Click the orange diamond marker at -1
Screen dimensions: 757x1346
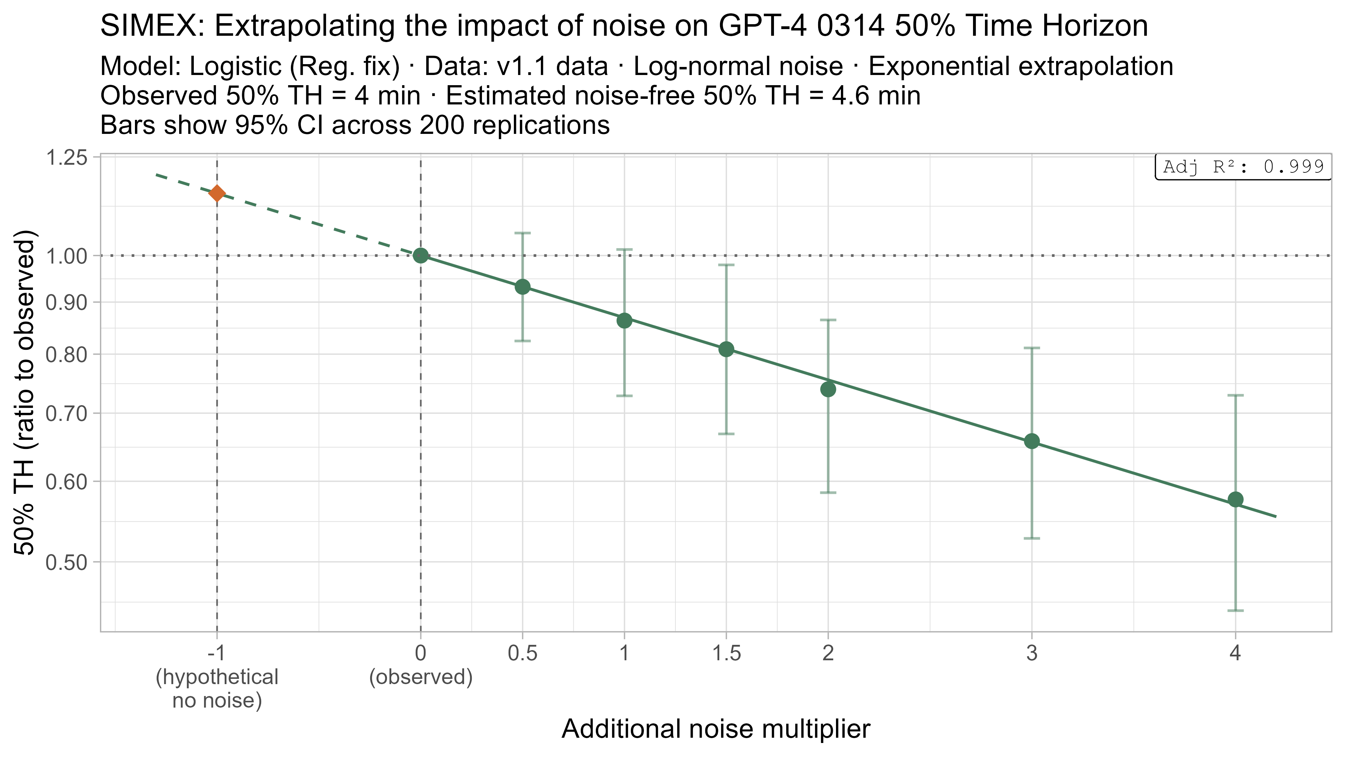pos(217,193)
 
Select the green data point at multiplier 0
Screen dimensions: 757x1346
pos(421,255)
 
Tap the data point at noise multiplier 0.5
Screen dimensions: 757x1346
pos(523,287)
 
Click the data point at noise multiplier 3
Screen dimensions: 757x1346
pos(1032,442)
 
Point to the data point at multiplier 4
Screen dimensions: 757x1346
pos(1235,499)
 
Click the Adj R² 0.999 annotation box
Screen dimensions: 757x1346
pos(1243,167)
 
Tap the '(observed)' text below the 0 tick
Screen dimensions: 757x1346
pos(421,677)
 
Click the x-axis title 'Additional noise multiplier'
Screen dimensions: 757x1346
pos(716,729)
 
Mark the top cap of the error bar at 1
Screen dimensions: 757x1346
pos(624,250)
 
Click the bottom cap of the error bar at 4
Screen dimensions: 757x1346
pos(1235,610)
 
